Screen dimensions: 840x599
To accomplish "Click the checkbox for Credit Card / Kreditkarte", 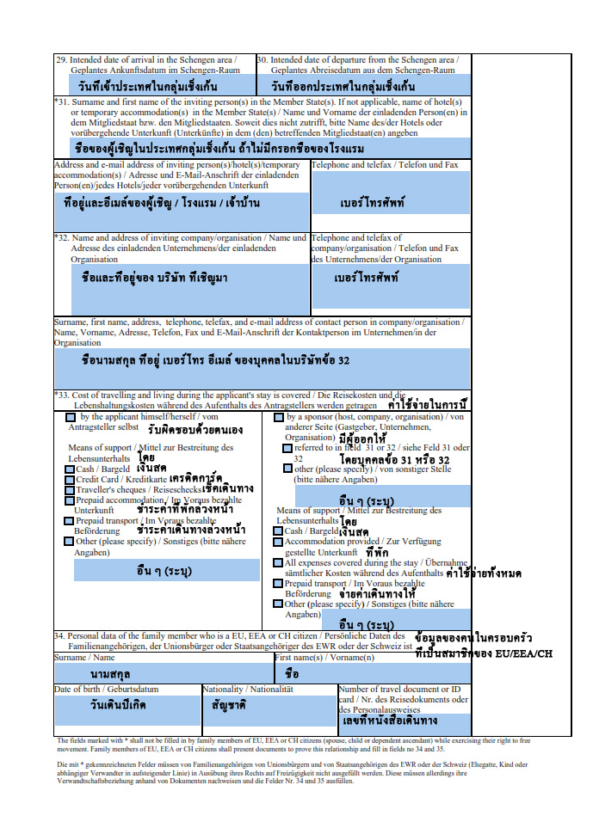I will (x=70, y=479).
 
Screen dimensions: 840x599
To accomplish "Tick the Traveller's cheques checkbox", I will (x=70, y=489).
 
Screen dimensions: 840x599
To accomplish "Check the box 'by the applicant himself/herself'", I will (x=70, y=417).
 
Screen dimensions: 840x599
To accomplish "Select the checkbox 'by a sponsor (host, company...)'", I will (x=279, y=417).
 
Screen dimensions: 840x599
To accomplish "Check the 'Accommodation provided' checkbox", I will (x=279, y=543).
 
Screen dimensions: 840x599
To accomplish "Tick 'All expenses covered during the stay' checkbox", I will (x=279, y=563).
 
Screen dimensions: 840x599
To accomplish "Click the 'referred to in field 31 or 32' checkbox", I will (x=287, y=448).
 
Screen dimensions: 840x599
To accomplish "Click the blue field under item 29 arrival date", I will (x=155, y=86).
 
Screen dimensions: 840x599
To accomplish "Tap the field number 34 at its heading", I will (x=60, y=636).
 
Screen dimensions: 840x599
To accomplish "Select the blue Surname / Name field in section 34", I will (x=164, y=673).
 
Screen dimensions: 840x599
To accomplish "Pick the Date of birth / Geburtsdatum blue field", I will (x=127, y=710).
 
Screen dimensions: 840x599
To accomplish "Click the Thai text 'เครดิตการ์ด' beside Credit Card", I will (x=195, y=478).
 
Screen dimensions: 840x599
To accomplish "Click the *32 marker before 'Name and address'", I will (x=62, y=237).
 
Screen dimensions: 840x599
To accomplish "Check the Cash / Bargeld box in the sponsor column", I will (x=279, y=531).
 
